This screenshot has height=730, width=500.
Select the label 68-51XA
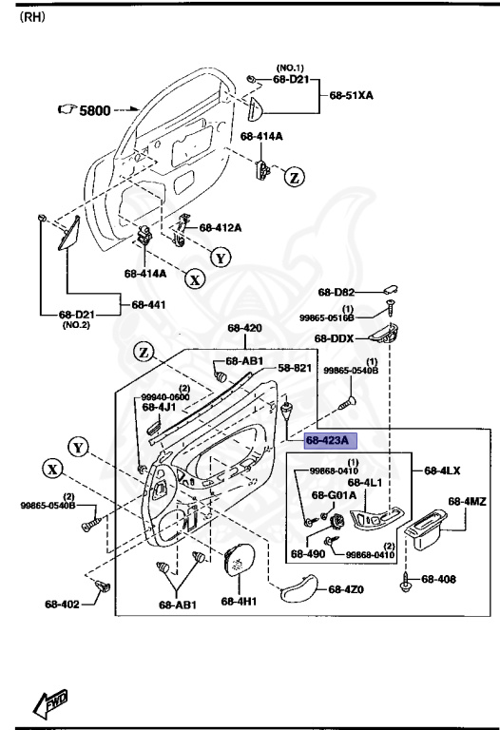point(353,96)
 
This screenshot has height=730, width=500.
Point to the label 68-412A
point(220,228)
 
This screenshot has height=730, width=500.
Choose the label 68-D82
point(336,293)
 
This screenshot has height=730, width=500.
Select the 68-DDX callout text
point(334,338)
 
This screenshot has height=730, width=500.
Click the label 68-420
point(244,329)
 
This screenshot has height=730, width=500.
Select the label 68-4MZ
point(467,501)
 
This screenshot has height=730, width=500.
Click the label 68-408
point(439,579)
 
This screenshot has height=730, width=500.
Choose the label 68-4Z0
point(346,589)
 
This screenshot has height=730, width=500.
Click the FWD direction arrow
point(46,703)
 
